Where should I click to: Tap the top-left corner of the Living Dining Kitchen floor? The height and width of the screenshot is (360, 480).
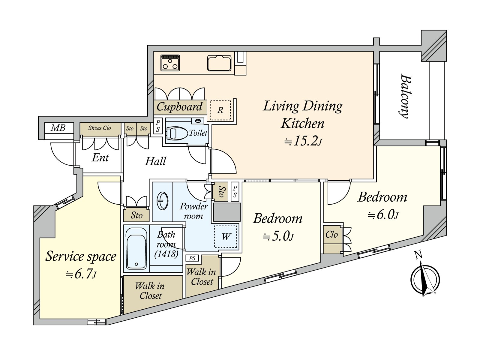point(154,52)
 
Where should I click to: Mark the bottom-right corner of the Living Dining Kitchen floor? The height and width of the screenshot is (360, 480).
point(373,179)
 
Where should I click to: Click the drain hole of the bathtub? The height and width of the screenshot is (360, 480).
point(136,264)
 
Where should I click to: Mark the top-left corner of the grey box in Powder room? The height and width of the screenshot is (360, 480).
point(213,203)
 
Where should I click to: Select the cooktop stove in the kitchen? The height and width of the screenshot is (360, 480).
point(170,63)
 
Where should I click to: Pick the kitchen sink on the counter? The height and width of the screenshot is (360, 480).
point(219,63)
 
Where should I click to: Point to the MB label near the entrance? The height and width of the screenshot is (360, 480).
point(58,128)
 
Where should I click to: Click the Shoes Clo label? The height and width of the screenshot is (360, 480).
point(100,128)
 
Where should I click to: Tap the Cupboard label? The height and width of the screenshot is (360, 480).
point(179,107)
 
